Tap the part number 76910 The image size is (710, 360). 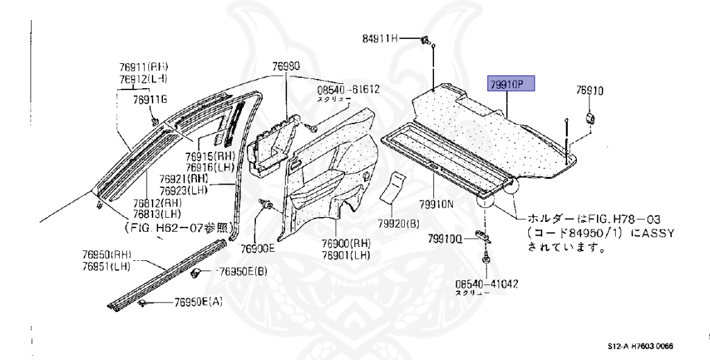(x=590, y=90)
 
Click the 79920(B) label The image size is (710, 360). (x=399, y=223)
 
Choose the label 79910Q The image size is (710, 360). (x=444, y=239)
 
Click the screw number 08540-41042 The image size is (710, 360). (x=487, y=284)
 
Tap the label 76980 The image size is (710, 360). (x=286, y=67)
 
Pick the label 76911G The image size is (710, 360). (x=150, y=100)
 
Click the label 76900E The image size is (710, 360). (x=258, y=248)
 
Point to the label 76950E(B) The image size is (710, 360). (x=242, y=271)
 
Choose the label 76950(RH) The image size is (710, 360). (x=106, y=255)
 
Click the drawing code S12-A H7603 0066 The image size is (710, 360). (x=641, y=346)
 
